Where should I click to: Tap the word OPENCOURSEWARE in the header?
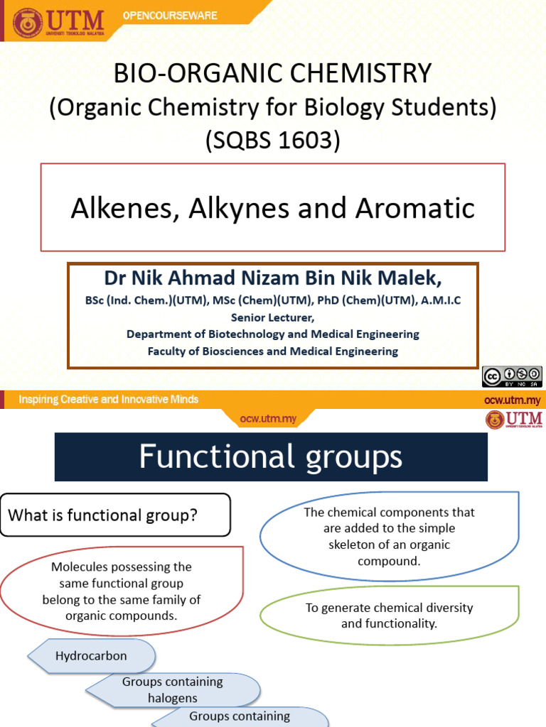tap(170, 16)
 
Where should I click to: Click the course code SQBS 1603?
tap(273, 141)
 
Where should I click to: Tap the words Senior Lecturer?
tap(272, 317)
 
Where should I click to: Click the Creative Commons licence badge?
tap(511, 376)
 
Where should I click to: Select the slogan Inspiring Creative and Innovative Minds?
tap(108, 400)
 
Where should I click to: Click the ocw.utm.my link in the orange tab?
tap(267, 419)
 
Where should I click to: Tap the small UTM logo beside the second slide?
tap(514, 420)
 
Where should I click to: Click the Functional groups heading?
tap(271, 457)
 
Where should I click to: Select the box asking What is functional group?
tap(115, 515)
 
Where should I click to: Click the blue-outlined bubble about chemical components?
tap(389, 536)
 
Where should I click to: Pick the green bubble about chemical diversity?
tap(389, 616)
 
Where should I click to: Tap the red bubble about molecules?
tap(122, 591)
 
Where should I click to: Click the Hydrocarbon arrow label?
tap(91, 656)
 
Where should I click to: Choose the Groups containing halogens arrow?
tap(172, 689)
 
